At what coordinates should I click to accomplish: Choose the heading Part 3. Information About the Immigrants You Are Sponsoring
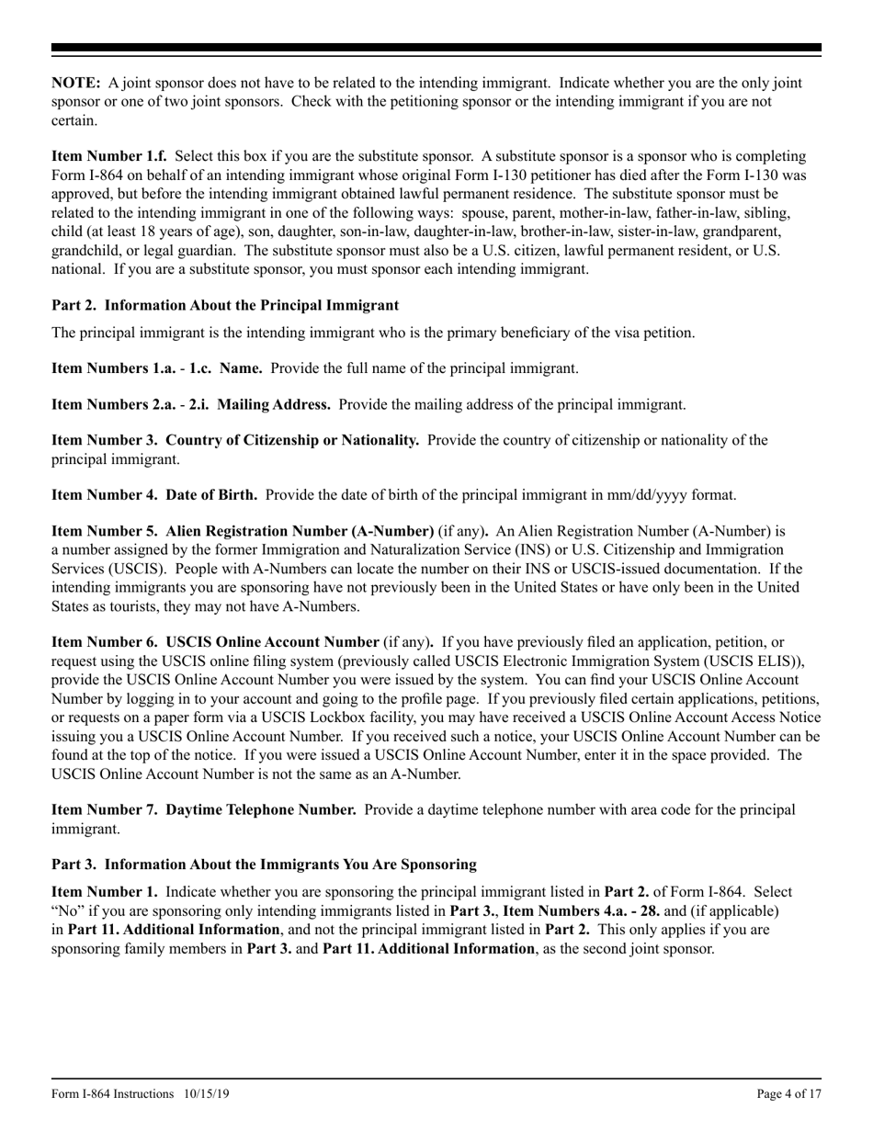(x=264, y=864)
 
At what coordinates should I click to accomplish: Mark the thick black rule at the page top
(x=436, y=48)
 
